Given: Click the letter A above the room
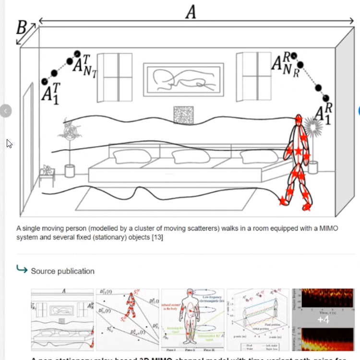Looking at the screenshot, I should click(x=191, y=12).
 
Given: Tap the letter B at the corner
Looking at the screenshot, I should click(x=21, y=28).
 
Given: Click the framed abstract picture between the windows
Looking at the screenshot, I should click(x=184, y=80).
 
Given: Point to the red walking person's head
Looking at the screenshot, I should click(x=299, y=119).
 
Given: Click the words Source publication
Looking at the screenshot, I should click(x=63, y=271).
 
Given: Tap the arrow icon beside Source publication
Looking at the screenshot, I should click(x=22, y=270).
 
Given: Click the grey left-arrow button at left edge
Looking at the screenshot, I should click(x=5, y=111).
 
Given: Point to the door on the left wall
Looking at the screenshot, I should click(x=28, y=149).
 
